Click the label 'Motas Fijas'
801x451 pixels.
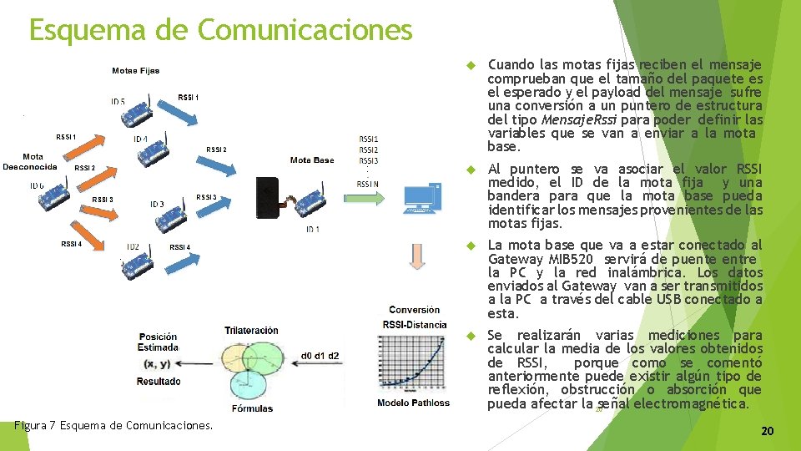pyautogui.click(x=135, y=71)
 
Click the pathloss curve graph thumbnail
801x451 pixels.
pyautogui.click(x=413, y=363)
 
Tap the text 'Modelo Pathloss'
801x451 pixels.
pyautogui.click(x=413, y=403)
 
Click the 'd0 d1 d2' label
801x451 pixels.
pyautogui.click(x=321, y=357)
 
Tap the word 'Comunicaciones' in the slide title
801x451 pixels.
pyautogui.click(x=305, y=30)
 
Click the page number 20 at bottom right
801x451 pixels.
pyautogui.click(x=768, y=431)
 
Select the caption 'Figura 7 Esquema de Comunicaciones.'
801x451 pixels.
pyautogui.click(x=113, y=425)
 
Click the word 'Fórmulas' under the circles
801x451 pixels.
pyautogui.click(x=253, y=408)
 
